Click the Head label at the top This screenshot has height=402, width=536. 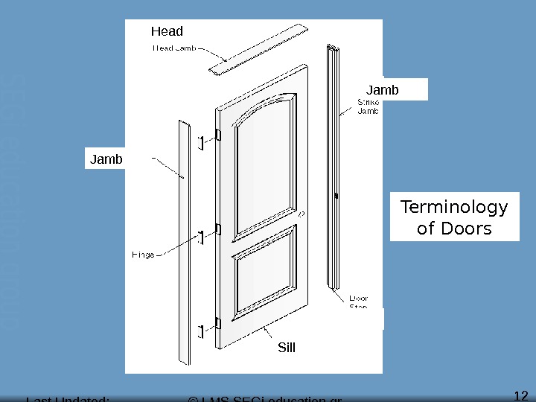[167, 31]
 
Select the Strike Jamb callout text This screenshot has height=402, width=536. [369, 106]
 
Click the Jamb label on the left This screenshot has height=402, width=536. [106, 159]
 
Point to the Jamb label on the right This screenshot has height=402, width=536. [383, 90]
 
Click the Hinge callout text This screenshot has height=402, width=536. [144, 255]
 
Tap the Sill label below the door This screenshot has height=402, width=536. [287, 346]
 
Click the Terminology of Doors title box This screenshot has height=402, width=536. [454, 217]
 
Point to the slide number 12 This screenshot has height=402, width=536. [521, 395]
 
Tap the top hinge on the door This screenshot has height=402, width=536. [218, 135]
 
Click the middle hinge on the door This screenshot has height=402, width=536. [218, 229]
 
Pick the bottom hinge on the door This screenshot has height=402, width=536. [218, 322]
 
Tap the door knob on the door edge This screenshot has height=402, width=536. [301, 214]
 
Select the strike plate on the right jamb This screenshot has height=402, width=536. [337, 197]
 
